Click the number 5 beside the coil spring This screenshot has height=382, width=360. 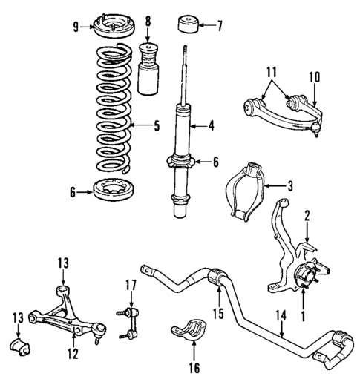point(157,126)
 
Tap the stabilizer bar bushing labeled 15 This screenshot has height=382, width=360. point(220,281)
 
